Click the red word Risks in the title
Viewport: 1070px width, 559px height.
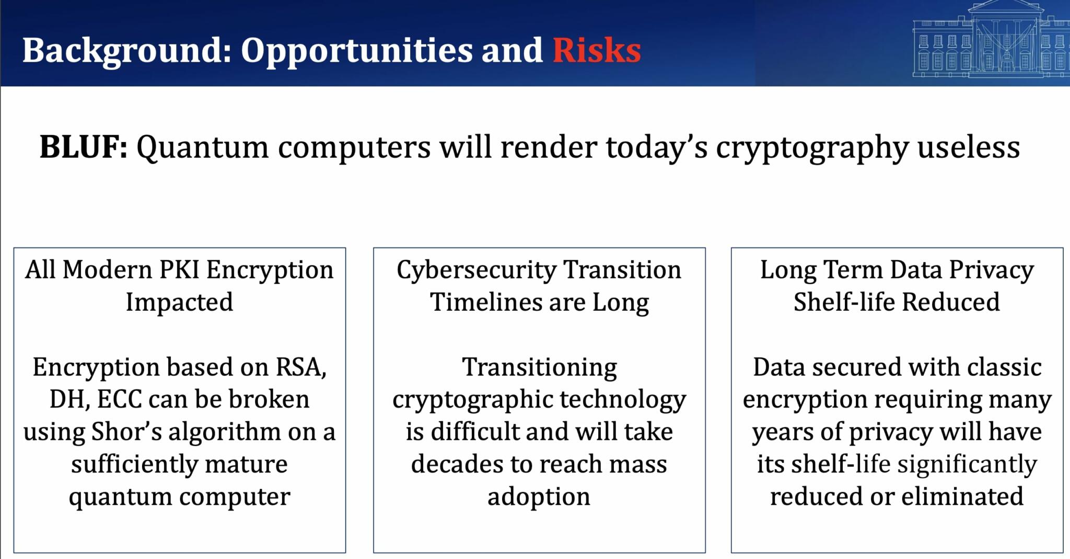click(597, 50)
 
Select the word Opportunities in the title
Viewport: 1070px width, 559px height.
click(356, 51)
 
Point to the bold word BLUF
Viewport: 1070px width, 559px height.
click(83, 147)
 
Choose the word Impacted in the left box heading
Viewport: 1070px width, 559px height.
click(179, 302)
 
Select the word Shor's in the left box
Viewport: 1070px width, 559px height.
click(126, 432)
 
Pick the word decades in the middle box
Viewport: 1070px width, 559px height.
click(456, 464)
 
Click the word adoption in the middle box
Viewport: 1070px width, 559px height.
click(539, 496)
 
